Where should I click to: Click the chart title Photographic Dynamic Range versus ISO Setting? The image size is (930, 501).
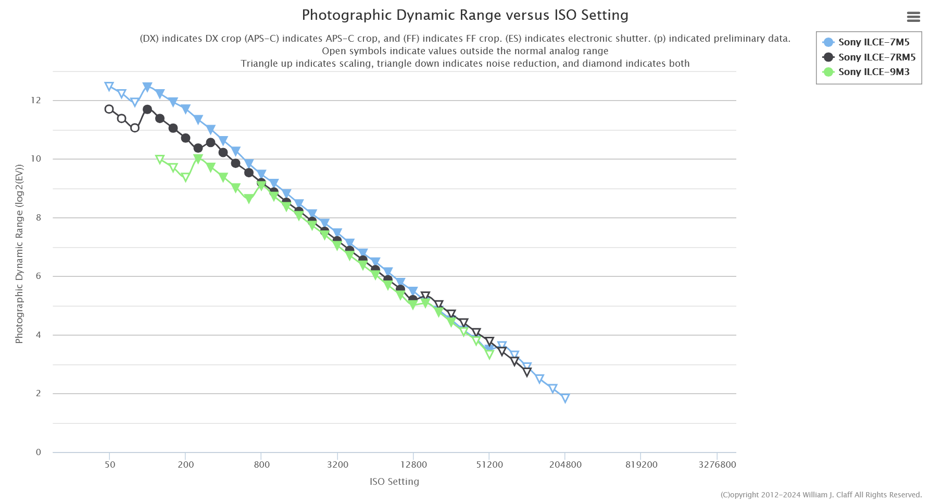coord(465,15)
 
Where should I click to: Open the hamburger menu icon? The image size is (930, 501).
coord(913,17)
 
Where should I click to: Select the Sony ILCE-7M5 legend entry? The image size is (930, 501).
coord(873,42)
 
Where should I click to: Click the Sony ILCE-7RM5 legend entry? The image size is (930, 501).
coord(876,57)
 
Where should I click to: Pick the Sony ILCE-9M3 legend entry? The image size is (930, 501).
coord(873,72)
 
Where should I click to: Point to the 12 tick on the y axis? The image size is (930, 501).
coord(36,100)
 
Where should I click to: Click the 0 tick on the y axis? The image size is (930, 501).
coord(38,452)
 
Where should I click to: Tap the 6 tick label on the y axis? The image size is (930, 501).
coord(38,276)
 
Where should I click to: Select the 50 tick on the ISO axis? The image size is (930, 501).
coord(110,465)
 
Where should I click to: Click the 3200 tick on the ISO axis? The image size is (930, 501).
coord(337,465)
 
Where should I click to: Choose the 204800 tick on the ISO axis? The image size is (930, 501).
coord(565,465)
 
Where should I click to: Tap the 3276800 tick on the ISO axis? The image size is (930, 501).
coord(717,465)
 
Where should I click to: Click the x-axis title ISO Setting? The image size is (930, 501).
coord(394,482)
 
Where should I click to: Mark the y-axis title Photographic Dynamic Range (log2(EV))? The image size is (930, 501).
coord(19,254)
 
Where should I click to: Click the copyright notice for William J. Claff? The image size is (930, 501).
coord(821,495)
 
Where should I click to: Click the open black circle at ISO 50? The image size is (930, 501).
coord(109,109)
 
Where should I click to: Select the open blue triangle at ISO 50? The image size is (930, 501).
coord(109,87)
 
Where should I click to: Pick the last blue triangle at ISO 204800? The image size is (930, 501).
coord(565,398)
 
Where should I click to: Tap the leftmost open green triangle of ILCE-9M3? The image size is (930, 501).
coord(160,160)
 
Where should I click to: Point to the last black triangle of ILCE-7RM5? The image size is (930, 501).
coord(527,372)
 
